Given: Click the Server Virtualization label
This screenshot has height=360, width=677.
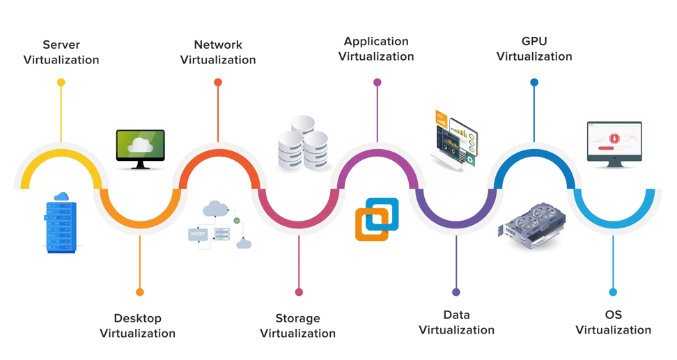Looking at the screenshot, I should click(x=61, y=52).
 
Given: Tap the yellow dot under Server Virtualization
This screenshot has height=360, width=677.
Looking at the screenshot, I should click(x=61, y=82).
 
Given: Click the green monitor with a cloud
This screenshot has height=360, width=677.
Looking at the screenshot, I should click(x=140, y=148).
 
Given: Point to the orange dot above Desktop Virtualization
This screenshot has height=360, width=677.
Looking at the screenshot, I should click(x=140, y=292).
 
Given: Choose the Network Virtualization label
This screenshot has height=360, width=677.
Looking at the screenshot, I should click(x=218, y=52).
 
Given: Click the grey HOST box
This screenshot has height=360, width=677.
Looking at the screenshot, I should click(x=198, y=234).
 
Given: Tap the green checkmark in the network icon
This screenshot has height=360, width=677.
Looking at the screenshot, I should click(x=237, y=221).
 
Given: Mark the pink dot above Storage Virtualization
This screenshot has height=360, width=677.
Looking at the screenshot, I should click(x=299, y=292).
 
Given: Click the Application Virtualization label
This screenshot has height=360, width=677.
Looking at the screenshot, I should click(x=376, y=49).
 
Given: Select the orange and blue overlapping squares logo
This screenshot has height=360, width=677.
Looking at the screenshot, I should click(x=377, y=219).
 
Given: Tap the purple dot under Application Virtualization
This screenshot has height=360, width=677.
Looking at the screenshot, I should click(x=377, y=82).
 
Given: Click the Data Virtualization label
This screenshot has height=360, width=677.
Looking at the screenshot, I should click(x=456, y=322).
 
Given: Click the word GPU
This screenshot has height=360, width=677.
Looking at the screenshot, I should click(x=534, y=41).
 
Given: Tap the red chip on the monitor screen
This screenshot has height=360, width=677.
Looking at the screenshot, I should click(x=614, y=139).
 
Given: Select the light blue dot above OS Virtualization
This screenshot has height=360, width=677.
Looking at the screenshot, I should click(x=613, y=292).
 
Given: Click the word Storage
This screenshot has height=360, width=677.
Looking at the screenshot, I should click(x=297, y=318).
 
